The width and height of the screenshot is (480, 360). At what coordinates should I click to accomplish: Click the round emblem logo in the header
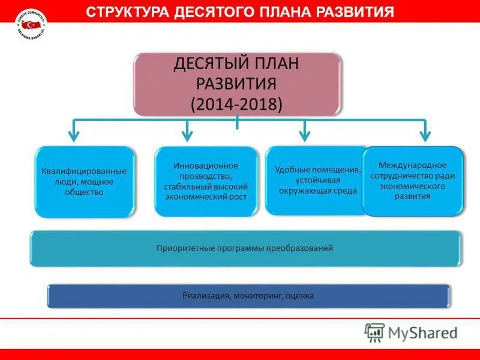pyautogui.click(x=31, y=25)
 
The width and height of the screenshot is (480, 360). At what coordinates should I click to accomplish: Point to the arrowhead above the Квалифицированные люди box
pyautogui.click(x=73, y=136)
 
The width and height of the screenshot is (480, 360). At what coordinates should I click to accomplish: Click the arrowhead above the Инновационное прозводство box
pyautogui.click(x=187, y=136)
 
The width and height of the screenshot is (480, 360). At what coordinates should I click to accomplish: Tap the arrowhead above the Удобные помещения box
pyautogui.click(x=305, y=136)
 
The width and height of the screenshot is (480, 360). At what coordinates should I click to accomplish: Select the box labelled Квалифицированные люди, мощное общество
pyautogui.click(x=85, y=182)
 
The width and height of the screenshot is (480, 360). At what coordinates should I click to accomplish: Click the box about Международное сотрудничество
pyautogui.click(x=413, y=181)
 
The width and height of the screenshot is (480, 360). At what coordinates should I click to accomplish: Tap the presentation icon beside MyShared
pyautogui.click(x=374, y=332)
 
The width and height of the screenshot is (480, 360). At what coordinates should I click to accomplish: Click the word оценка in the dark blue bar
pyautogui.click(x=300, y=296)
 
